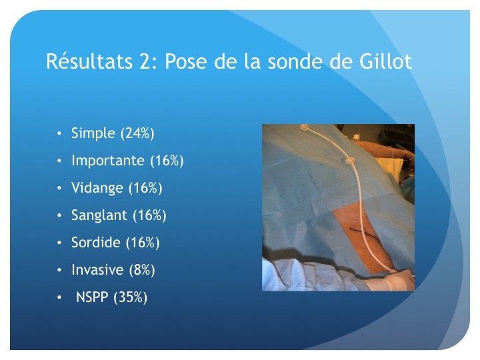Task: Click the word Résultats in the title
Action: click(89, 61)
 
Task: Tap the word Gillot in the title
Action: click(385, 61)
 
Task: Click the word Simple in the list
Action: click(93, 133)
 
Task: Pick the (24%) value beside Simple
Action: click(137, 133)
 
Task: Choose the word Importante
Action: click(108, 161)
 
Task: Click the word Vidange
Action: click(97, 188)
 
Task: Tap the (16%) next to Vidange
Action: click(145, 188)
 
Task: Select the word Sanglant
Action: click(99, 215)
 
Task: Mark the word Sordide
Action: click(96, 243)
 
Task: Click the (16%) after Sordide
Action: click(143, 243)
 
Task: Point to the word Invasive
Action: click(97, 270)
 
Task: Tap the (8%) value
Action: click(142, 270)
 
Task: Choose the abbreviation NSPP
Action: click(92, 297)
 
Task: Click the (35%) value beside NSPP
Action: click(131, 297)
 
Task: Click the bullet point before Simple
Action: click(59, 133)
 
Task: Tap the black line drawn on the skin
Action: click(363, 233)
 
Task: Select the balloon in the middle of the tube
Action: click(349, 160)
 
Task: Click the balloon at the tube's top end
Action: click(304, 127)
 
